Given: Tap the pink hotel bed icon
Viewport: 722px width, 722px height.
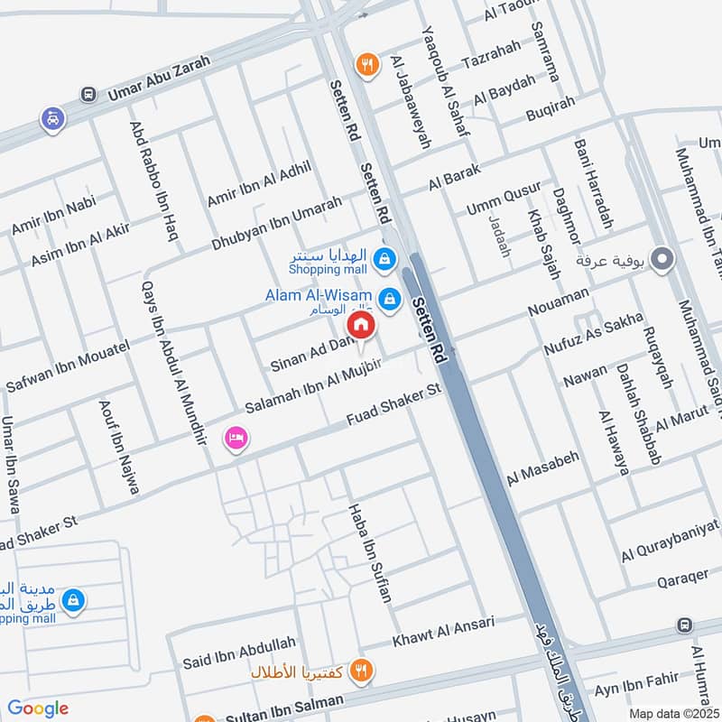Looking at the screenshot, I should [x=237, y=438].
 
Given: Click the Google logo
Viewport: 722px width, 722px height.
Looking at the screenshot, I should [x=38, y=708].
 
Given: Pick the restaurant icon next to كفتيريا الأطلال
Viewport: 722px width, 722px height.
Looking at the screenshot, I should [x=362, y=671].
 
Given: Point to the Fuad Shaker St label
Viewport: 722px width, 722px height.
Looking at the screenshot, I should [x=393, y=404].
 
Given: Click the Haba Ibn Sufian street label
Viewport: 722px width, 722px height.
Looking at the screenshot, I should [x=371, y=553].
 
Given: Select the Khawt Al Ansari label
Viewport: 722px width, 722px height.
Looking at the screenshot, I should [x=443, y=632].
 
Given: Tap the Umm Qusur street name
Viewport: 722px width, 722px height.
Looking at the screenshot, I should [x=504, y=199].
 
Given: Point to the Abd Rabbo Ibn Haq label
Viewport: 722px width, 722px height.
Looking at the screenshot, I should [x=153, y=181].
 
